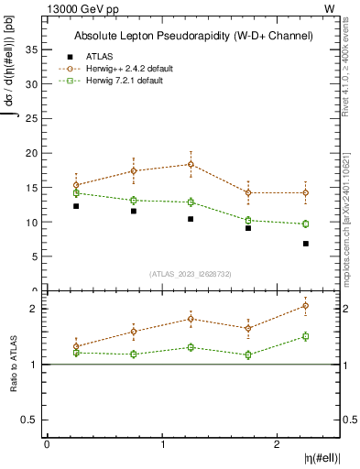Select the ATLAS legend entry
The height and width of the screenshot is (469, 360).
tap(99, 56)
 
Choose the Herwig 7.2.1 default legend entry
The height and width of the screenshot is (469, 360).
tap(124, 81)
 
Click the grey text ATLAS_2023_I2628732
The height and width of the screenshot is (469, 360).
tap(191, 274)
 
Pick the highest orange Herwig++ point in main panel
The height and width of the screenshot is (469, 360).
tap(191, 164)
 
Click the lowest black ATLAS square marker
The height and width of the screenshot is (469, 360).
tap(305, 244)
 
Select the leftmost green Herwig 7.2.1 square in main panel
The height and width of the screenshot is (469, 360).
tap(76, 193)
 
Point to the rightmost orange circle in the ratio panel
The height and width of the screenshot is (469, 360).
tap(305, 306)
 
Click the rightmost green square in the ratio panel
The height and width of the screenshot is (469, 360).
tap(305, 336)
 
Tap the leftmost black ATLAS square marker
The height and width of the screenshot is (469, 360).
tap(76, 206)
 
